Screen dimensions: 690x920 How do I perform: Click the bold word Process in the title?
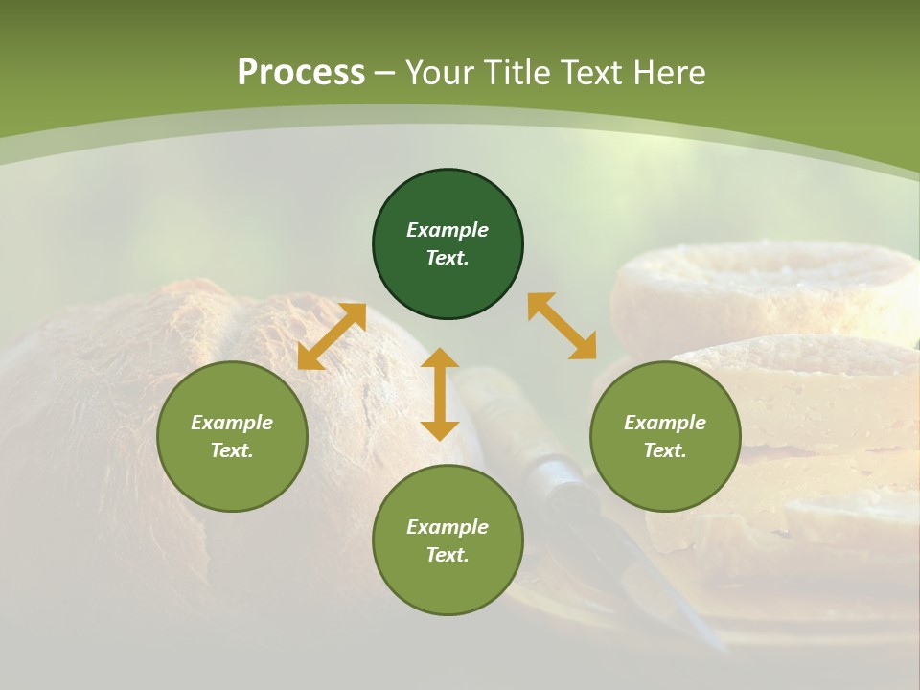point(301,73)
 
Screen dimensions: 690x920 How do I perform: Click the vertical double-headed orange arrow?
point(440,394)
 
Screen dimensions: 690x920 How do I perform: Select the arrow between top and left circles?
point(332,336)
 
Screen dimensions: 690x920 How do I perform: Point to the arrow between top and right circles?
point(563,326)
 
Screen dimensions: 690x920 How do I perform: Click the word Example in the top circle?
point(448,230)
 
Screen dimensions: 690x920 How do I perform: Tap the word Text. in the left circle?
point(232,450)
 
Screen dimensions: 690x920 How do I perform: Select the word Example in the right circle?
point(665,423)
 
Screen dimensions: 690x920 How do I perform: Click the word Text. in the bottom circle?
point(448,555)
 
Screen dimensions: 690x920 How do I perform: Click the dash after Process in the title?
point(385,74)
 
